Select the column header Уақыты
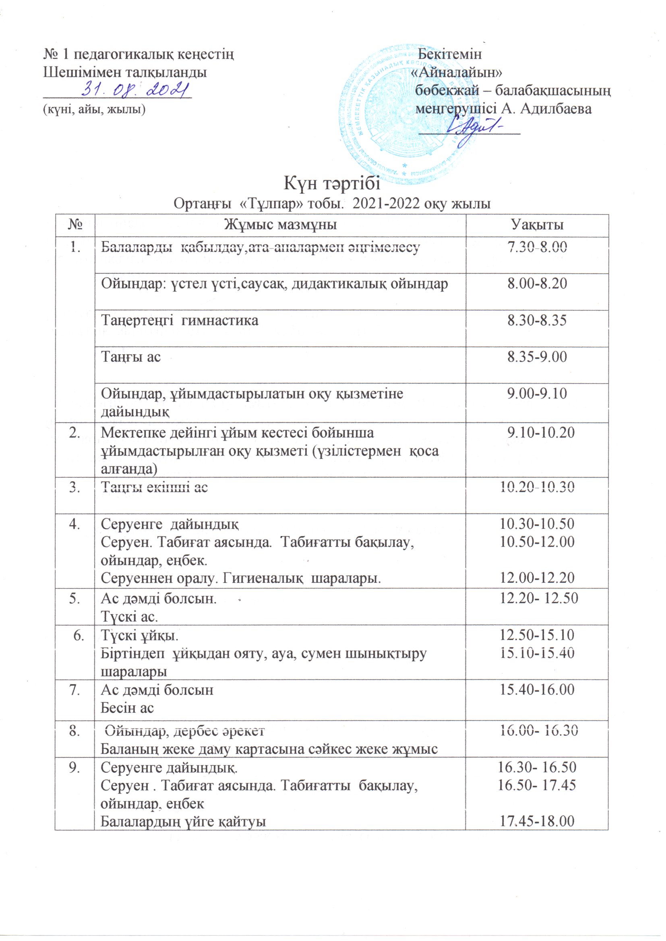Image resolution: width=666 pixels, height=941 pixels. point(537,225)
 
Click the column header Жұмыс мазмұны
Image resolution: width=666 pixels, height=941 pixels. point(281,225)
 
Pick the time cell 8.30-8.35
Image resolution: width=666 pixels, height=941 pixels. point(537,320)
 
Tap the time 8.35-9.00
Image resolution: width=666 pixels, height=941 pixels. point(537,357)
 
